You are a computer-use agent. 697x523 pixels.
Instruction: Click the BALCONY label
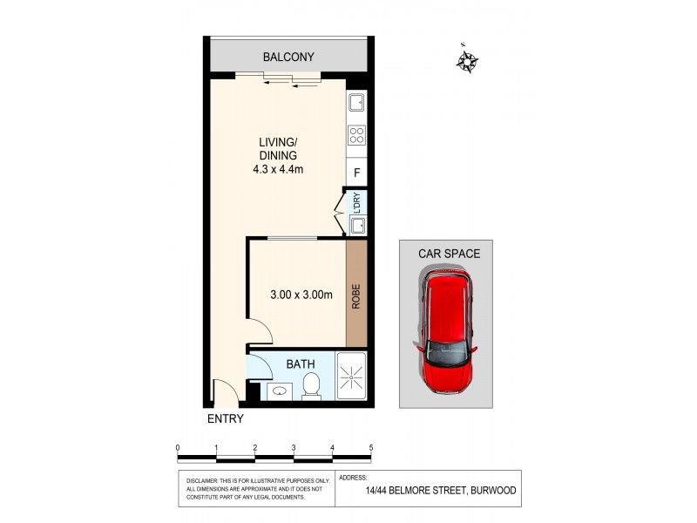click(x=288, y=58)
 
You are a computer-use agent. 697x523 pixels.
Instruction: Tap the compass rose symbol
click(x=469, y=60)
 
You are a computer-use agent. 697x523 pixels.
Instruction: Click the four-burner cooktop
click(x=356, y=135)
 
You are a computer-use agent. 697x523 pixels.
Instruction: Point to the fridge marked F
click(x=356, y=173)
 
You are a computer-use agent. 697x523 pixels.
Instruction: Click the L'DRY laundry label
click(x=356, y=202)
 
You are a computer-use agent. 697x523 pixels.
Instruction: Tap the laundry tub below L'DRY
click(x=356, y=226)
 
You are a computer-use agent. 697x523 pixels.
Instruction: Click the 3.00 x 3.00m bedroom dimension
click(x=301, y=295)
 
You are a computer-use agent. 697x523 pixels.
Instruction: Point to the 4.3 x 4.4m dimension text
click(x=280, y=169)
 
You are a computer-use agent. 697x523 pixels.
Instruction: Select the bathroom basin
click(x=279, y=391)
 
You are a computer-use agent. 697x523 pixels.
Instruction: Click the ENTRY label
click(x=225, y=418)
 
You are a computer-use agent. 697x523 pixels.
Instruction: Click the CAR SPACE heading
click(x=449, y=254)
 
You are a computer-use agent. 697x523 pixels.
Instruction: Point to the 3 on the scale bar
click(x=294, y=448)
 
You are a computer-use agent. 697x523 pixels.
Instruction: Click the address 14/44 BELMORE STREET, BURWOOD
click(x=440, y=491)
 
